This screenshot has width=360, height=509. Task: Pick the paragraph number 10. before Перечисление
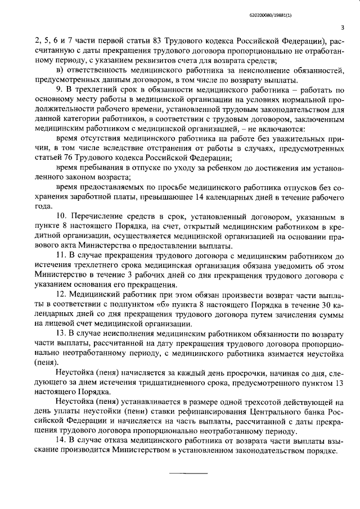click(x=62, y=217)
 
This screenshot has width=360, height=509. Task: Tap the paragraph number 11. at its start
click(x=62, y=255)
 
